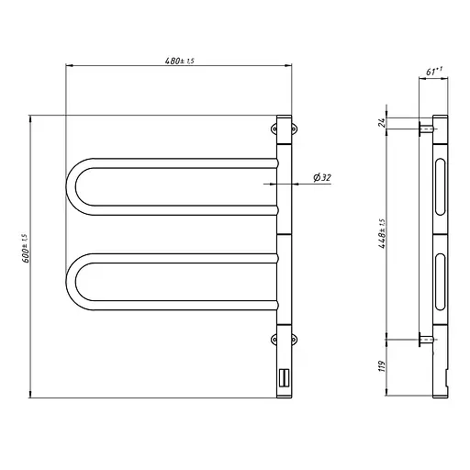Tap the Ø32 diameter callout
(x=321, y=178)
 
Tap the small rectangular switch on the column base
(x=284, y=377)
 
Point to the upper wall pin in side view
(x=426, y=129)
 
